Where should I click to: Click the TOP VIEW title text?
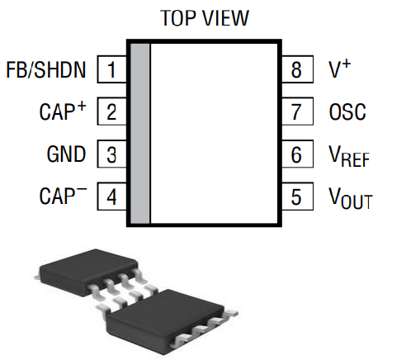click(204, 18)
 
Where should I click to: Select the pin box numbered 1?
click(111, 69)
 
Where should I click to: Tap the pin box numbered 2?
click(111, 111)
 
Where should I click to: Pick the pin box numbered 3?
click(111, 154)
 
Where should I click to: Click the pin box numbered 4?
click(111, 197)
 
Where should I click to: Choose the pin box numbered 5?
click(297, 197)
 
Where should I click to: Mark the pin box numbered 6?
click(297, 154)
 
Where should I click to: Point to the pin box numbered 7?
click(297, 111)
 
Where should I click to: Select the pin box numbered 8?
click(297, 69)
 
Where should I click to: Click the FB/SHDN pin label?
click(45, 69)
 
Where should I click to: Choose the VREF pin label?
click(349, 156)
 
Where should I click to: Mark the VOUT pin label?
click(350, 199)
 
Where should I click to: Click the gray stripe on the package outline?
click(140, 133)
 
